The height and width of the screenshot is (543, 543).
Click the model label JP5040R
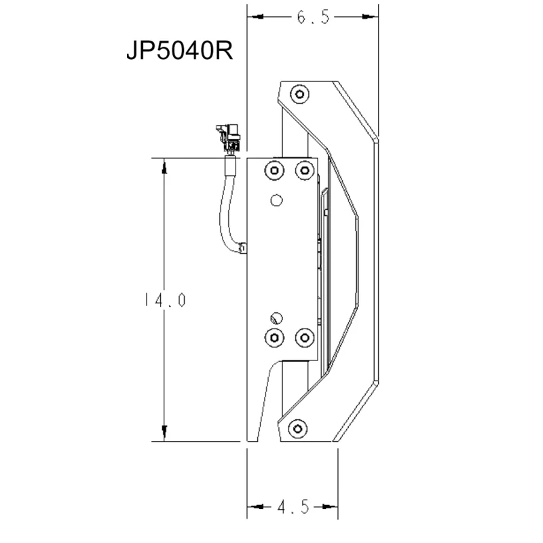[x=179, y=52]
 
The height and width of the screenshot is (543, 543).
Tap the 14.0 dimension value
[x=165, y=299]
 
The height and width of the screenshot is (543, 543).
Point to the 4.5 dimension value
[x=293, y=506]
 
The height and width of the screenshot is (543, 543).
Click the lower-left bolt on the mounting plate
[x=274, y=337]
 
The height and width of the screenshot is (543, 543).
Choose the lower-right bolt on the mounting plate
[x=303, y=337]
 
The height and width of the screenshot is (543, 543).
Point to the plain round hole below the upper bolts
[x=275, y=200]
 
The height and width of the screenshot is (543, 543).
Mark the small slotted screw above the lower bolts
[x=275, y=318]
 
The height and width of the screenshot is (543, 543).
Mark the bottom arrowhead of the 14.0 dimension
[x=165, y=434]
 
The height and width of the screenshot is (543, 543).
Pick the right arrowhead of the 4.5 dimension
[x=332, y=506]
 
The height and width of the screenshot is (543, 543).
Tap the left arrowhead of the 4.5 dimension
[x=253, y=506]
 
